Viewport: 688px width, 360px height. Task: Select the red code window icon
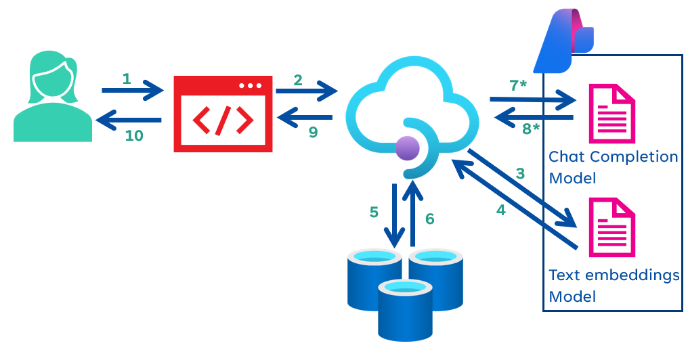coord(223,113)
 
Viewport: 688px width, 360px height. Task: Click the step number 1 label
coord(127,78)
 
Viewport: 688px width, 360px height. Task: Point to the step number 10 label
coord(134,135)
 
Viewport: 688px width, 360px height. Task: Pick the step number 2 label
coord(298,79)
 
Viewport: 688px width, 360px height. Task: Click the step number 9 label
coord(313,132)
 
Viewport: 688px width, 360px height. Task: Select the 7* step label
coord(519,85)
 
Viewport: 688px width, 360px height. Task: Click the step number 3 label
coord(520,173)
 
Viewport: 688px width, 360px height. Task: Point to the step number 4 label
coord(500,210)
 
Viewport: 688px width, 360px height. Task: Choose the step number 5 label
coord(374,212)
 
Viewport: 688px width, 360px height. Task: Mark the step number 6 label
coord(429,219)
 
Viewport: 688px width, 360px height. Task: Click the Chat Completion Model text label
coord(613,167)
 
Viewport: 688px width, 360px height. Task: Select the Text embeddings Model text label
coord(614,286)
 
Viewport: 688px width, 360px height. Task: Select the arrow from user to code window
coord(133,89)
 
